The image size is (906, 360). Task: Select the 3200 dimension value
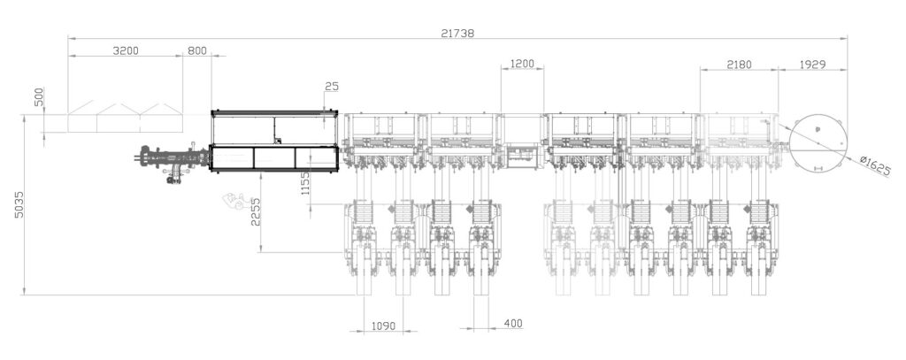pos(126,51)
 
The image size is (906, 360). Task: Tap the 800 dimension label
pos(196,51)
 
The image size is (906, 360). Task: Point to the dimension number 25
pos(332,87)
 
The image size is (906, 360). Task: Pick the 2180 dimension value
pos(740,65)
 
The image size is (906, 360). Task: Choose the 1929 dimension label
pos(813,65)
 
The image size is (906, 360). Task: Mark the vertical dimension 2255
pos(255,213)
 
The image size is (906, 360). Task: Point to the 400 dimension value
pos(512,324)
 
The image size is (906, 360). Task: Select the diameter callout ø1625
pos(875,165)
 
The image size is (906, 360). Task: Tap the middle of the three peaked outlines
pos(119,119)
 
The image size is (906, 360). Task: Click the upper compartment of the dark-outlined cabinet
pos(274,129)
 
